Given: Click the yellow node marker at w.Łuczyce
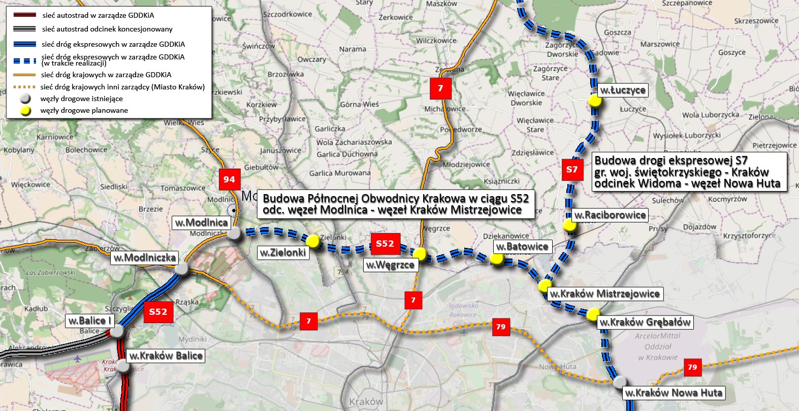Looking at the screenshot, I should coord(595,101).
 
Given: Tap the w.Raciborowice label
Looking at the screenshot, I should coord(610,215).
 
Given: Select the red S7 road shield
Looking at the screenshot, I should coord(572,170).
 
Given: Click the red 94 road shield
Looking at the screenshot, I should coord(229,179).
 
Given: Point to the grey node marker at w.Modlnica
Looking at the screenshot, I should coord(234,234).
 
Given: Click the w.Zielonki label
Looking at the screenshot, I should coord(283,252).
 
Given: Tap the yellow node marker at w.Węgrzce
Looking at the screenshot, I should coord(420,254).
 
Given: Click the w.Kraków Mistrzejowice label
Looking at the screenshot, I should coord(604,294).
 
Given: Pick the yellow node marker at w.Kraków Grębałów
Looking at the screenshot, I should coord(593,314).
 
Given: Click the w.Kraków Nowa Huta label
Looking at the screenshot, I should coord(674,393).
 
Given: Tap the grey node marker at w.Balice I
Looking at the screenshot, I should coord(117,332).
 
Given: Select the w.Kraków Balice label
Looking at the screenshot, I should coord(166,356).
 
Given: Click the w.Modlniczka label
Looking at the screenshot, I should coord(145,258).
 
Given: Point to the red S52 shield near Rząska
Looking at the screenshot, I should coord(158,312).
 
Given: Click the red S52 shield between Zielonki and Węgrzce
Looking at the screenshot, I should coord(385,244).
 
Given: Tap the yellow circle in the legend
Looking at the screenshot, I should coord(25,111).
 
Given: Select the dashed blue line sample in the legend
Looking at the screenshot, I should coord(25,60).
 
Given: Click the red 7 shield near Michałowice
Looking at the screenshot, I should coord(440,88).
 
